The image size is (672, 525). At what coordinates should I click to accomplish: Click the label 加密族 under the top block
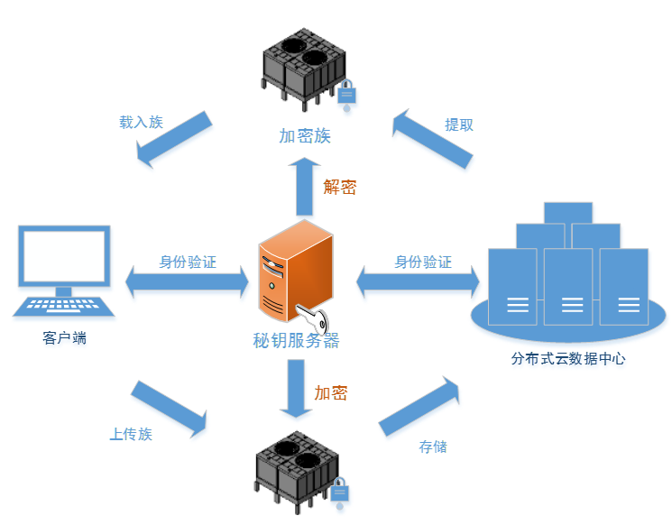tap(305, 136)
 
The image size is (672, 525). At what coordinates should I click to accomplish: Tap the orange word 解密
tap(340, 187)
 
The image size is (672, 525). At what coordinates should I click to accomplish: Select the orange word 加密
tap(330, 393)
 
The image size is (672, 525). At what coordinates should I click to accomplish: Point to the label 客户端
tap(65, 338)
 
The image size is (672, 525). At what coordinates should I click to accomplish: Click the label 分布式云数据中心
tap(568, 358)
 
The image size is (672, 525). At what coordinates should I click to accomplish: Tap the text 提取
tap(459, 124)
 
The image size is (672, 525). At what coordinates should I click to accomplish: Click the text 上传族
tap(131, 434)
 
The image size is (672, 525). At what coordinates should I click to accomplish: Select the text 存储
tap(433, 447)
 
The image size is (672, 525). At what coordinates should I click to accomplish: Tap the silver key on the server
tap(315, 318)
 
